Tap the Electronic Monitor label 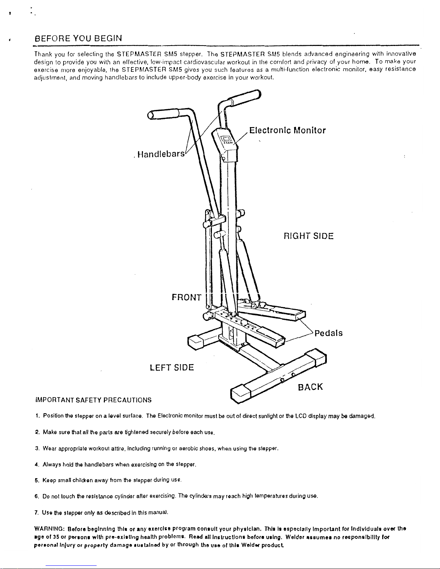tap(287, 130)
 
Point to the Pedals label tap(328, 333)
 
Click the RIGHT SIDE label tap(309, 236)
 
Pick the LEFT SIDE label tap(172, 368)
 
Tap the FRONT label tap(186, 297)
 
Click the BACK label tap(310, 387)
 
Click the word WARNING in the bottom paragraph tap(48, 529)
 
